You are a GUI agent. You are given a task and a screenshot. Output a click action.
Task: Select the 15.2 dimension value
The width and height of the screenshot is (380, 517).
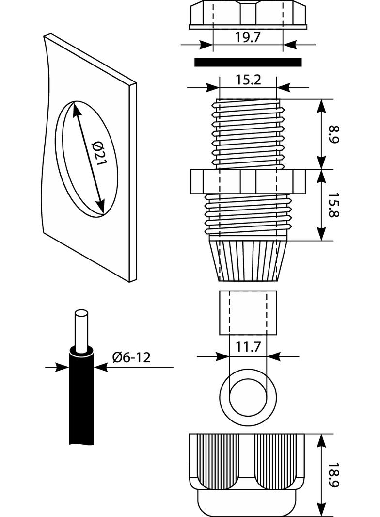[x=248, y=80]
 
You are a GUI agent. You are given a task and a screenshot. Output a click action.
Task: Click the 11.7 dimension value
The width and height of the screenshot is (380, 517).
[x=248, y=347]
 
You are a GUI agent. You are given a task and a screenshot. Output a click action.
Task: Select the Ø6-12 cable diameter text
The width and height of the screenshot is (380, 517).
[x=131, y=358]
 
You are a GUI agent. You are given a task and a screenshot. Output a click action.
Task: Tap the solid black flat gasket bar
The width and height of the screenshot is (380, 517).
[x=248, y=62]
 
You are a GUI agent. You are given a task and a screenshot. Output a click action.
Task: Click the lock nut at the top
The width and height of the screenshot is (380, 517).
[x=248, y=14]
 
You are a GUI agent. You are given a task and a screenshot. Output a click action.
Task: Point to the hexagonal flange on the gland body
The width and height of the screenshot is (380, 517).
[x=248, y=181]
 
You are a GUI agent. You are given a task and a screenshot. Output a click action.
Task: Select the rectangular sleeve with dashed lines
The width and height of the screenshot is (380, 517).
[x=248, y=313]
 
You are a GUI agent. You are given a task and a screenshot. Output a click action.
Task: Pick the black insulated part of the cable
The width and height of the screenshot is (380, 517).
[x=81, y=398]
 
